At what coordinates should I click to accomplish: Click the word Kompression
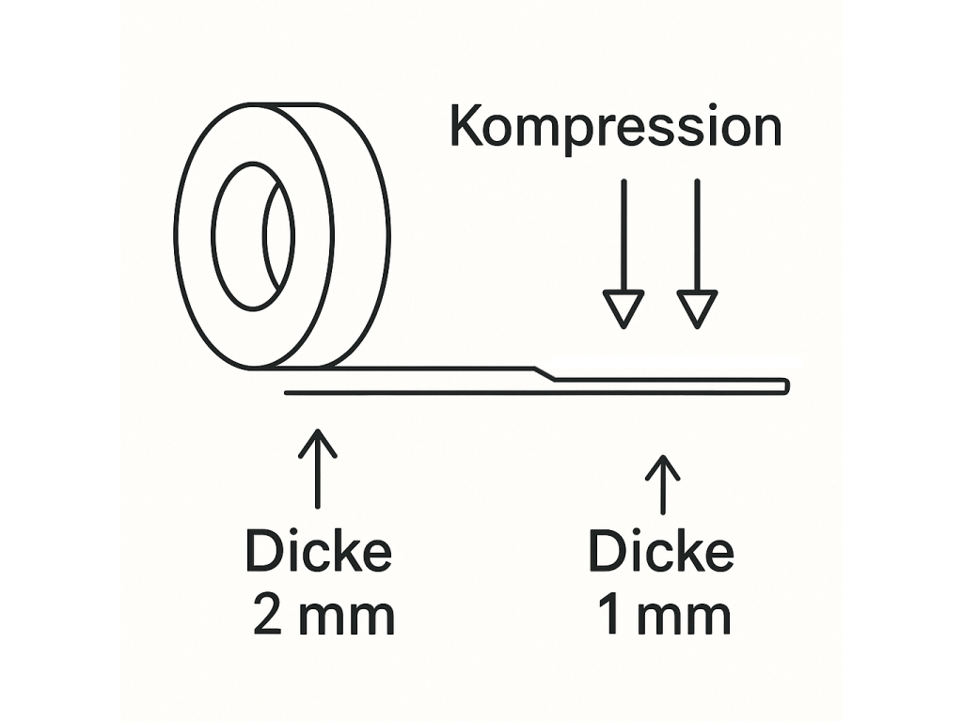[615, 128]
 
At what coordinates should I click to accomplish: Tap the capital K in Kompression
[466, 127]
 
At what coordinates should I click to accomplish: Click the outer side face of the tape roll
[362, 235]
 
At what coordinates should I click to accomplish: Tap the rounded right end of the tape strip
[785, 385]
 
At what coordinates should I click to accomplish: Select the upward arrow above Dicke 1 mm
[663, 484]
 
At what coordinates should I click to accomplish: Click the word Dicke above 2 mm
[318, 552]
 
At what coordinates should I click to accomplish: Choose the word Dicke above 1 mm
[661, 552]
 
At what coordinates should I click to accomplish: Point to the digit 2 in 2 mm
[267, 617]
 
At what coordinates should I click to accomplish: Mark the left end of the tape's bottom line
[287, 393]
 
